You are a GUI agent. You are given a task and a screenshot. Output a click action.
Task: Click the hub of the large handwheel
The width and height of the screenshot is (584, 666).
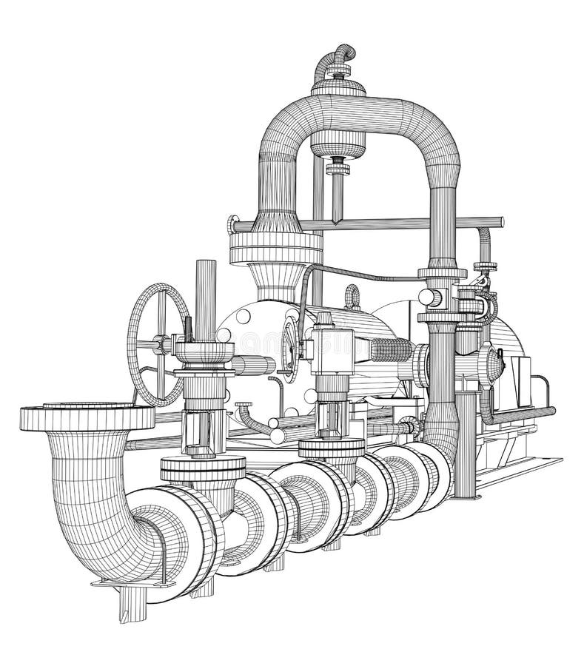pyautogui.click(x=158, y=343)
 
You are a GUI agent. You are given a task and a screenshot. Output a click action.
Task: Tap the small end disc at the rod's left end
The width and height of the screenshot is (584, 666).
pyautogui.click(x=233, y=223)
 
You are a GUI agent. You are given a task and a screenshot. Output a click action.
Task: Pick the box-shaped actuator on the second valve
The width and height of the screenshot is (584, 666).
pyautogui.click(x=333, y=345)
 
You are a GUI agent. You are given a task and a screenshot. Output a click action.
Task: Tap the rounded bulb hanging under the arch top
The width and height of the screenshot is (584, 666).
pyautogui.click(x=337, y=144)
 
